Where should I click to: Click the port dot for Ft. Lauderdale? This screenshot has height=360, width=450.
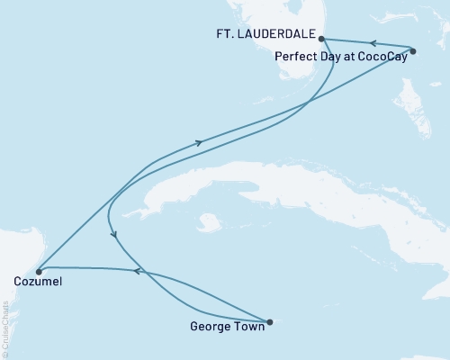click(321, 39)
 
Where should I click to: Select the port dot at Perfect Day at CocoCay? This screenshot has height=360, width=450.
click(412, 51)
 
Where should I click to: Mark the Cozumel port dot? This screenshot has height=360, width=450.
click(38, 270)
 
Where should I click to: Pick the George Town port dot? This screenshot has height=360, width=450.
click(269, 320)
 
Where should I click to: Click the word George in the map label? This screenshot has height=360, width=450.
click(210, 328)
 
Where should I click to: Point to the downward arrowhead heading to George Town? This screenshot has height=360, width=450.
click(115, 235)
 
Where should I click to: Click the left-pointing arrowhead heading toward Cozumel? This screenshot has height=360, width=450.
click(135, 270)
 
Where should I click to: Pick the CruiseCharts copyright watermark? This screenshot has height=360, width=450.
click(6, 328)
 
